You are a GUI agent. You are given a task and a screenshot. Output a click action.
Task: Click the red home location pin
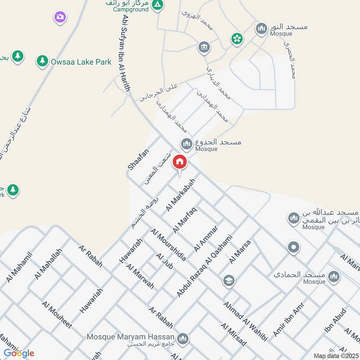coord(180,162)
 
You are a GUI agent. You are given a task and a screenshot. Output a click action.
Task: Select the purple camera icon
coord(60,18)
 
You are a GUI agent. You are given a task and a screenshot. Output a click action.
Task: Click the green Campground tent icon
coord(157,5)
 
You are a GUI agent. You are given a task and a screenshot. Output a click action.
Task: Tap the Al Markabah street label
coord(177,198)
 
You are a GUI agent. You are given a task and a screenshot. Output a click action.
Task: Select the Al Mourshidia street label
coord(168,245)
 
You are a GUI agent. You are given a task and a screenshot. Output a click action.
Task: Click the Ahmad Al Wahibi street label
coord(246,320)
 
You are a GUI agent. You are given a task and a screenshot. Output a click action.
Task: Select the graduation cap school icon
coord(229,281)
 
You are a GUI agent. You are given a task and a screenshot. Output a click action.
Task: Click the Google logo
coord(19,353)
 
